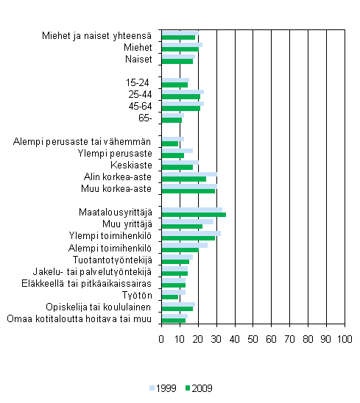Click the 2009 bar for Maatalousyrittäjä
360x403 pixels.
point(193,215)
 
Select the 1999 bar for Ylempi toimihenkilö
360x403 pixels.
point(191,233)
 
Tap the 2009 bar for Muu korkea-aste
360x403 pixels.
point(188,191)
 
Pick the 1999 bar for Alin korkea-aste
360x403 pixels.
point(188,174)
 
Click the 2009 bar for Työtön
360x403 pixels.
point(169,297)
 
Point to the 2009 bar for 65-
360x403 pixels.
point(171,120)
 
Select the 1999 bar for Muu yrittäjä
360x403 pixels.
point(187,221)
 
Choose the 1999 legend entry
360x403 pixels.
point(163,388)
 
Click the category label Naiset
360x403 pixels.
point(138,59)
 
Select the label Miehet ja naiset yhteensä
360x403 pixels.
point(97,35)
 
